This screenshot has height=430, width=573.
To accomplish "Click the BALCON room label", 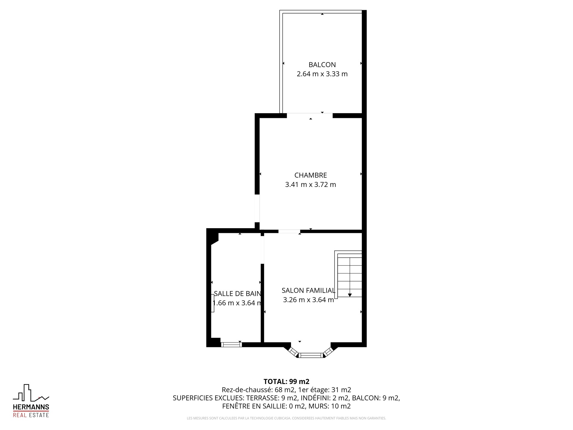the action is coord(322,65).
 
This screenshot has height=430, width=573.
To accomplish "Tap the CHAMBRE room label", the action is coord(311,175).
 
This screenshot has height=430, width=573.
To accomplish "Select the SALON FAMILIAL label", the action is coord(309,290).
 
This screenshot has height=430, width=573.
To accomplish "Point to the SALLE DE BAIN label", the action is coord(238,294).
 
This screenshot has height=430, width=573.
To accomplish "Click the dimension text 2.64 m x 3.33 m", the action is coord(322,74).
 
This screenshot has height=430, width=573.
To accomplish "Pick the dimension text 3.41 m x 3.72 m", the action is coord(311,185).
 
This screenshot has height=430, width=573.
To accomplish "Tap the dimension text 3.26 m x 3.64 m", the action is coord(309,300).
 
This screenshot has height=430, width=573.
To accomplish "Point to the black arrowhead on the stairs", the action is coord(350,295).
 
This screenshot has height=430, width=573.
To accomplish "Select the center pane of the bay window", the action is coord(311,355).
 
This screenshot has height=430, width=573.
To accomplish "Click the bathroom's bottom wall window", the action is coord(231,345).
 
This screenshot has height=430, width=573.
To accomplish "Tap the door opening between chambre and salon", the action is coord(289,231).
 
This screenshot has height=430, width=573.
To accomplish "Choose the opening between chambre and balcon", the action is coord(310,116).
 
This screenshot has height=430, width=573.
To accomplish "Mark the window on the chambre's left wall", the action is coord(257,208).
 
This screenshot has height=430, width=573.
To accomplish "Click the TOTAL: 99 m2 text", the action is coord(286,382).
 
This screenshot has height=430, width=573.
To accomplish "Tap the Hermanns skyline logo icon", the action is coord(31,393).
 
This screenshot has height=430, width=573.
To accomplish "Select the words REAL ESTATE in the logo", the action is coord(31,415).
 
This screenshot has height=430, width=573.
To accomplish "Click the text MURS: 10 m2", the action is coord(329,406).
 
